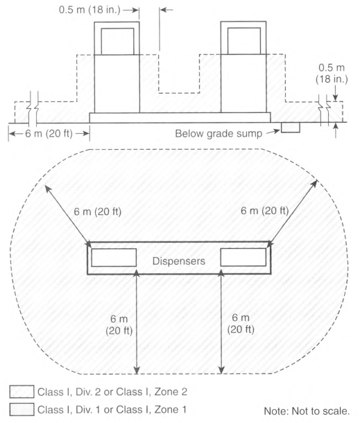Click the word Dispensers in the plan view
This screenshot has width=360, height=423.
pyautogui.click(x=179, y=261)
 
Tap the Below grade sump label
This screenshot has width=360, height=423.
pyautogui.click(x=218, y=134)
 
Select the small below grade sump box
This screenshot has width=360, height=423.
pyautogui.click(x=291, y=128)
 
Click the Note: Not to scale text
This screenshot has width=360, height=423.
pyautogui.click(x=307, y=411)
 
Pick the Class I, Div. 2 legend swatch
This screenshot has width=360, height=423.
pyautogui.click(x=22, y=392)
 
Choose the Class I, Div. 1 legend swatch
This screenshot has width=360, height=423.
pyautogui.click(x=22, y=410)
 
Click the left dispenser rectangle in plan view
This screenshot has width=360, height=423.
pyautogui.click(x=114, y=258)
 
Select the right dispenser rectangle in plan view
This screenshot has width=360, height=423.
pyautogui.click(x=243, y=257)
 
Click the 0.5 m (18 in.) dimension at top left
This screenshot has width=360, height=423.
pyautogui.click(x=89, y=10)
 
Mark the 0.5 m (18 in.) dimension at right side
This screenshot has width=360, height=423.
pyautogui.click(x=332, y=73)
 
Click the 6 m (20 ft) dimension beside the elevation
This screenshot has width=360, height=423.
pyautogui.click(x=49, y=134)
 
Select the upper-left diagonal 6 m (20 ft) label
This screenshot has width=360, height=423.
pyautogui.click(x=97, y=211)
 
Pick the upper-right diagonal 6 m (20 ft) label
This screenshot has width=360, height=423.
pyautogui.click(x=264, y=210)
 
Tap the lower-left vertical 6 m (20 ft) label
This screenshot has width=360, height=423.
pyautogui.click(x=119, y=325)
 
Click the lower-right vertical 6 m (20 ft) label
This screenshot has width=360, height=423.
pyautogui.click(x=241, y=323)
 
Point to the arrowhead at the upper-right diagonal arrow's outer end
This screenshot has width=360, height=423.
pyautogui.click(x=315, y=183)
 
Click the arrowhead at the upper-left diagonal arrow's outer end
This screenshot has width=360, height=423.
pyautogui.click(x=48, y=189)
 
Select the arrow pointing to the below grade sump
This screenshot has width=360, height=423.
pyautogui.click(x=273, y=132)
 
